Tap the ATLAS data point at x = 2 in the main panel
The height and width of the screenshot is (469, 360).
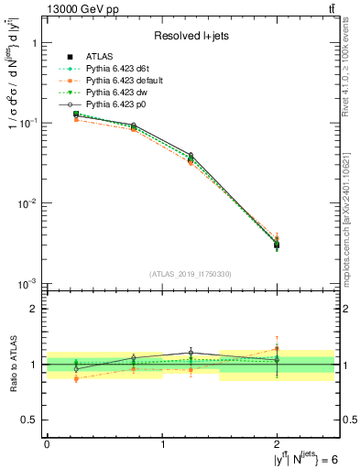click(x=277, y=245)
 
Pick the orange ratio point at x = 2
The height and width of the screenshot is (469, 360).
click(x=277, y=348)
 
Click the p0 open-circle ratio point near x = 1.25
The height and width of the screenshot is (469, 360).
click(x=191, y=353)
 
